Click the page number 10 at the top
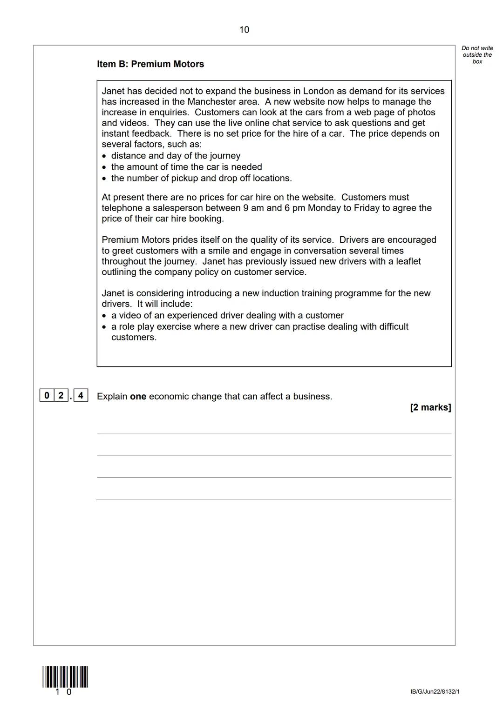click(x=244, y=30)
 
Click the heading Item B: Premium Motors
click(x=150, y=64)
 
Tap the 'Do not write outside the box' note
click(x=477, y=55)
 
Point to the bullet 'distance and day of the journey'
click(x=176, y=156)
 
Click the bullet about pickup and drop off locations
click(x=201, y=178)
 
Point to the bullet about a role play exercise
click(x=259, y=326)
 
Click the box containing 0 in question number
click(x=47, y=396)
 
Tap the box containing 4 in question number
click(x=81, y=396)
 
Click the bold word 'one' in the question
click(x=138, y=397)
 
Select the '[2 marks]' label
click(x=430, y=407)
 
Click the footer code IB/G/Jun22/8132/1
click(x=435, y=692)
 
